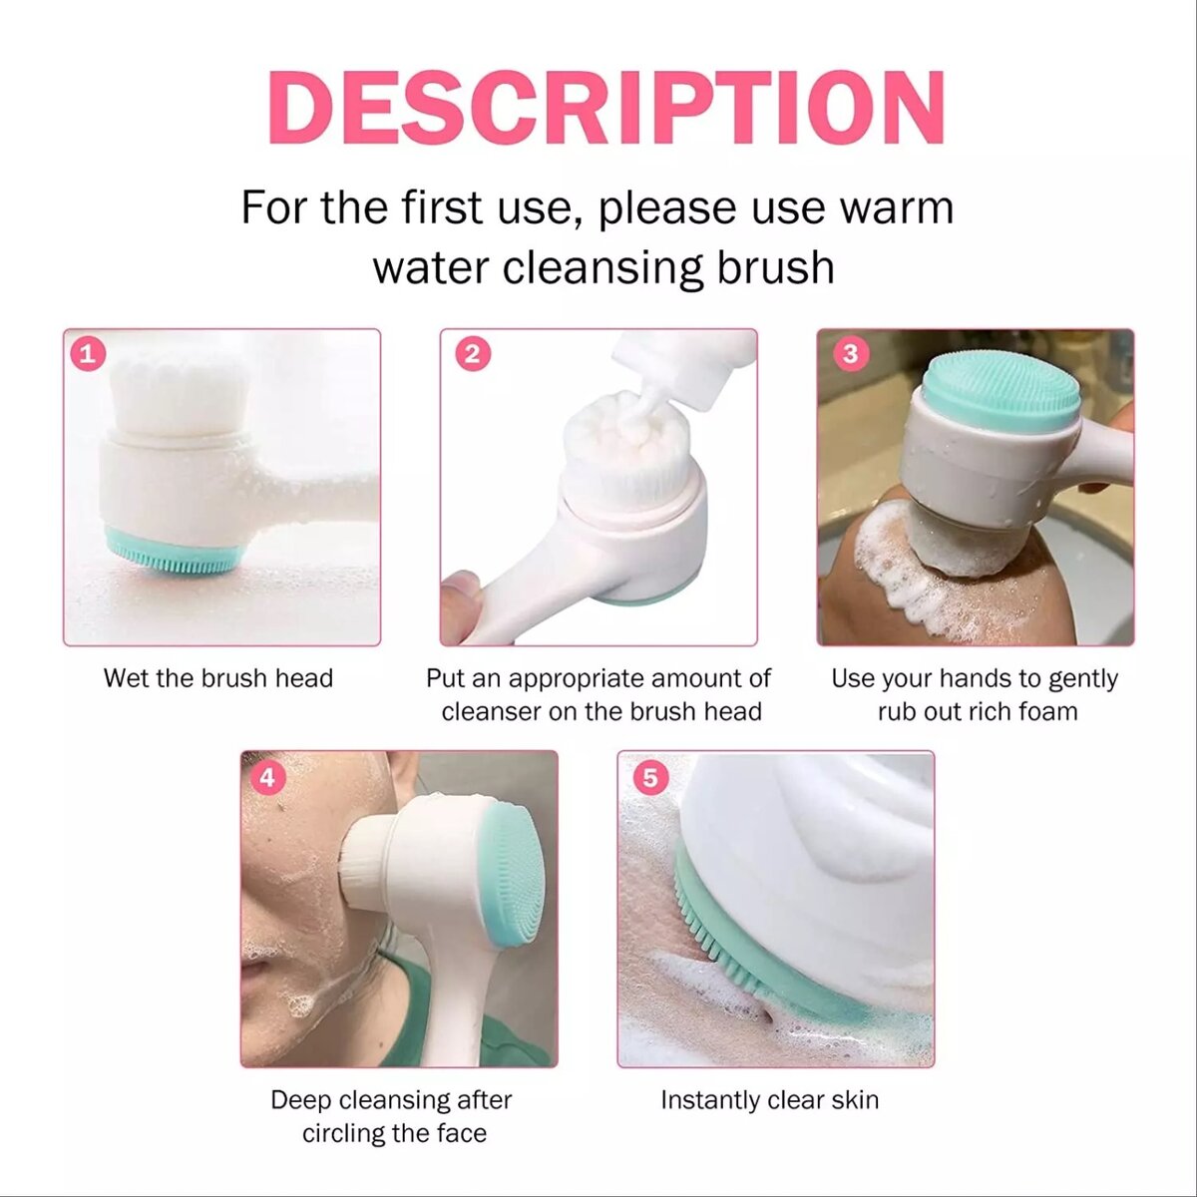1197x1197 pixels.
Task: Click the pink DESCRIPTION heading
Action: click(x=605, y=108)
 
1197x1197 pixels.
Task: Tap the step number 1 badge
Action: click(x=88, y=353)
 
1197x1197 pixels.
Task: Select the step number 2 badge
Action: click(x=473, y=353)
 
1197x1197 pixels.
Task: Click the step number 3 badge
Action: click(x=850, y=353)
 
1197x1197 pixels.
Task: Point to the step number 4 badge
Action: click(x=266, y=776)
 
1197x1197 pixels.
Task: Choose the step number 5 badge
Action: click(x=650, y=776)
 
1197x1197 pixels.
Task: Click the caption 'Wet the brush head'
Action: click(x=217, y=678)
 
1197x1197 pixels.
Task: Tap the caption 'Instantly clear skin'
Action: click(x=769, y=1100)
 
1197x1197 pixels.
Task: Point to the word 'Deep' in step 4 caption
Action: click(x=301, y=1100)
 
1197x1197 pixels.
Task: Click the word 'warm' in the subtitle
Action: click(x=896, y=207)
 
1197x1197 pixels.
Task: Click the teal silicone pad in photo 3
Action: click(x=1000, y=392)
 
